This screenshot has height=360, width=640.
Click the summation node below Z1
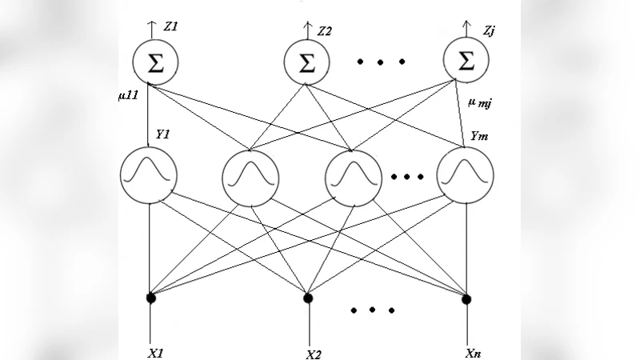[157, 62]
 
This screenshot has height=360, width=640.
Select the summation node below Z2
[307, 62]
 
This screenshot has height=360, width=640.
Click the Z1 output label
[170, 27]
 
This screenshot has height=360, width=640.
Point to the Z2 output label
[324, 32]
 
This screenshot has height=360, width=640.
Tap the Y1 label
[162, 135]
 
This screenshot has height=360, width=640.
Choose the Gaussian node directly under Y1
[149, 175]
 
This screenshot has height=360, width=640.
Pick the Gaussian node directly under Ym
[465, 175]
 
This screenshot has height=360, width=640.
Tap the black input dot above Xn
[466, 298]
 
